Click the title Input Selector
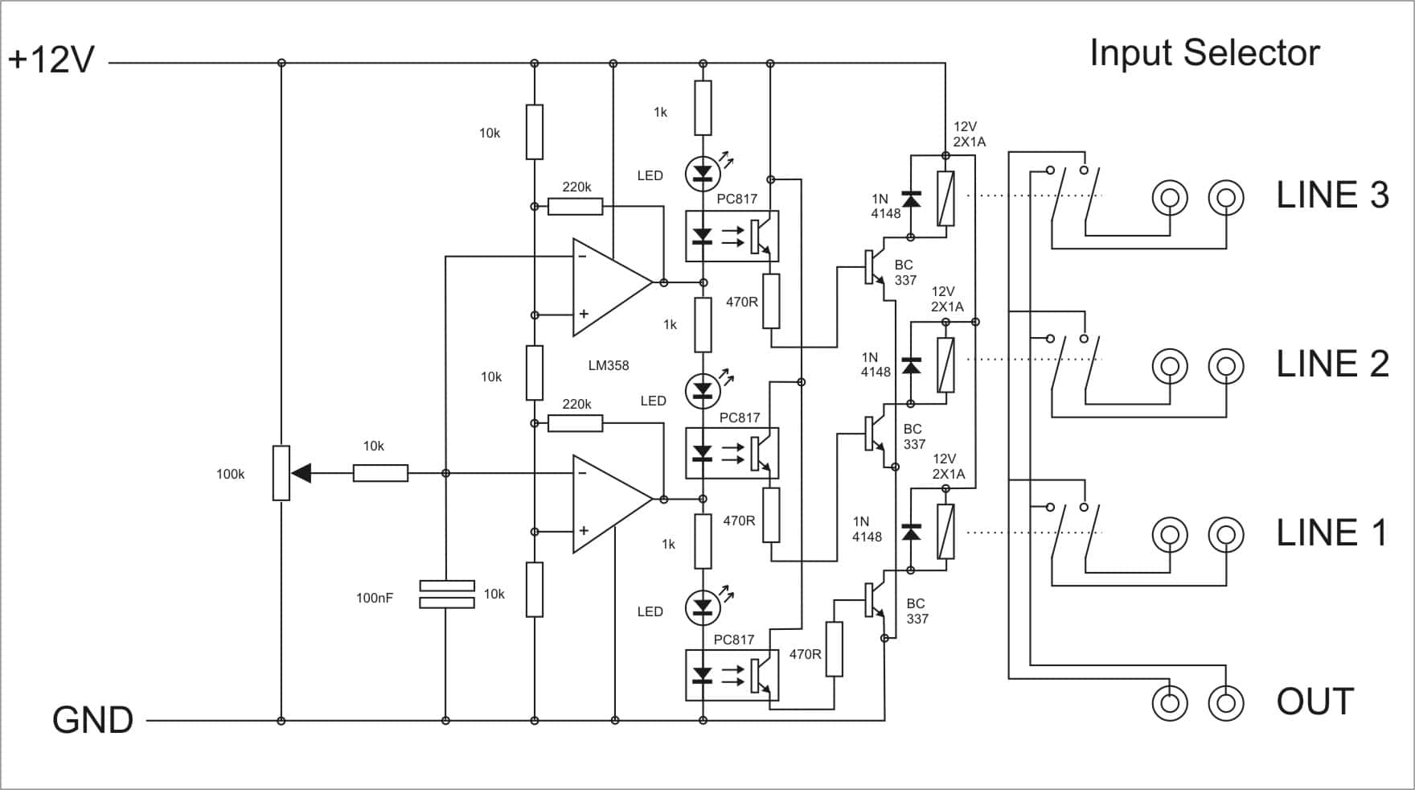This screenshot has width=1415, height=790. pos(1204,54)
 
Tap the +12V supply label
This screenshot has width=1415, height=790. pos(51,60)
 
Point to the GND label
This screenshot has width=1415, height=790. pos(92,720)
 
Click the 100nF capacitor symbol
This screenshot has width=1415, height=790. pos(447,595)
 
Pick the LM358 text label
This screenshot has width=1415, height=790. pos(609,365)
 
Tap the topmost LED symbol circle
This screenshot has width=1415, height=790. pos(703,172)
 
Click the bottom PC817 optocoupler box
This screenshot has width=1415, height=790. pos(732,675)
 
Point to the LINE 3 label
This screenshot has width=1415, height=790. pos(1332,195)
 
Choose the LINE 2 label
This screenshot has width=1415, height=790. pos(1332,364)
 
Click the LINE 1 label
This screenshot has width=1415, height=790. pos(1331,533)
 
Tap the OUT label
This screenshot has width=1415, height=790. pos(1315,702)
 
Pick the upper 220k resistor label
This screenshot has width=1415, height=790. pos(576,187)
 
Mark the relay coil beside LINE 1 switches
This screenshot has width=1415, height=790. pos(946,531)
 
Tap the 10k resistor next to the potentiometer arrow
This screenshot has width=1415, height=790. pos(380,474)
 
